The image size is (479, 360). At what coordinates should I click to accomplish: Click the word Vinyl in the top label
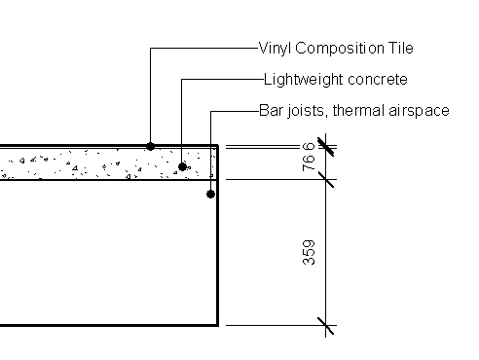pos(274,48)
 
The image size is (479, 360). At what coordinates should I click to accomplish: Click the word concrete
pos(373,79)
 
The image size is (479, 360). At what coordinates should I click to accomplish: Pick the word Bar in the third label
pos(271,110)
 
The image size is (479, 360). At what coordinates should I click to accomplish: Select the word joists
pos(306,110)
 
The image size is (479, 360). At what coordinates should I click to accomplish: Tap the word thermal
pos(358,110)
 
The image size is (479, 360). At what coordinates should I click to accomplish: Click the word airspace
pos(419,111)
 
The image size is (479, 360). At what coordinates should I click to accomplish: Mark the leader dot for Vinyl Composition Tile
pos(150,146)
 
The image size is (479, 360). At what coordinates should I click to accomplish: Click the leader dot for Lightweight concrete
pos(182,166)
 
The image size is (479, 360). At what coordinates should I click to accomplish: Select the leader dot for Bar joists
pos(211,195)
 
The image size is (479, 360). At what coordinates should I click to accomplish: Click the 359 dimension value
pos(309,253)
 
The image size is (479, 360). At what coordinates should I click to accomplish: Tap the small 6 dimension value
pos(309,148)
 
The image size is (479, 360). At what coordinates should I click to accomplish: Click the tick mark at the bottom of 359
pos(325,325)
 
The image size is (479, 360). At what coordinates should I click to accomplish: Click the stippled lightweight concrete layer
pos(97,163)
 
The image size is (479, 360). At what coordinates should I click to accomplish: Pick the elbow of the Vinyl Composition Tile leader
pos(150,48)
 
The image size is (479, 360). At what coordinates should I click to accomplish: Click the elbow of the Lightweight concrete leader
pos(182,79)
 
